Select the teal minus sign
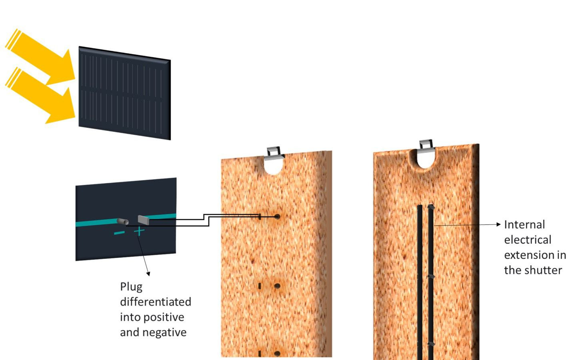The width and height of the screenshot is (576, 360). coord(119,233)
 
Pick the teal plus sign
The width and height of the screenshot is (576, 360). coord(139,231)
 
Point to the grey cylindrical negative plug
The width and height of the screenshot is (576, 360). coord(122,221)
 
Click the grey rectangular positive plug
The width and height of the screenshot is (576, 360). coord(143,219)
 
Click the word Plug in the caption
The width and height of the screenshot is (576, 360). coord(131,287)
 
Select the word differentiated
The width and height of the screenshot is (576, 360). coord(156,302)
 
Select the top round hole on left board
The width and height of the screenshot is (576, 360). coord(277,217)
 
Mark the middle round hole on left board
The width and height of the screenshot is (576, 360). coord(277,286)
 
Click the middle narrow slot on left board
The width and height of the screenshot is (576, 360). coord(260,286)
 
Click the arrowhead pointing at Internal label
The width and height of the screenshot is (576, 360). coord(498,224)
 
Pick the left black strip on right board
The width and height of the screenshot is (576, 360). coord(420,280)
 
